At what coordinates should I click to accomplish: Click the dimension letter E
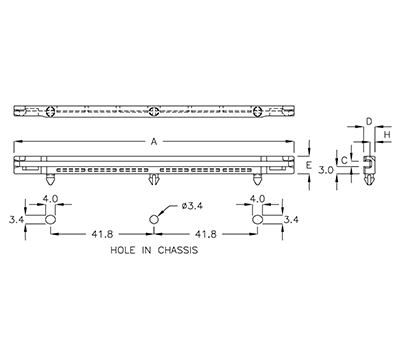point(308,164)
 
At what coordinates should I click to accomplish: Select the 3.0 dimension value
point(325,170)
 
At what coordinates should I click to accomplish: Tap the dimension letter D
point(368,122)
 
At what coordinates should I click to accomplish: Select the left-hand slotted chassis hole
point(48,217)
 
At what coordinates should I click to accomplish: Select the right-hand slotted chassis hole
point(257,217)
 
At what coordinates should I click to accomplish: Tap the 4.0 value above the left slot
point(50,198)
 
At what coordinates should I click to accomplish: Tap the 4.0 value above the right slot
point(257,198)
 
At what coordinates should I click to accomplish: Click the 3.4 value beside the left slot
point(15,217)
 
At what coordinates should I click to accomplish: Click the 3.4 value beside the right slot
point(291,217)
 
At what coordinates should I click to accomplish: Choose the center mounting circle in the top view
point(153,111)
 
